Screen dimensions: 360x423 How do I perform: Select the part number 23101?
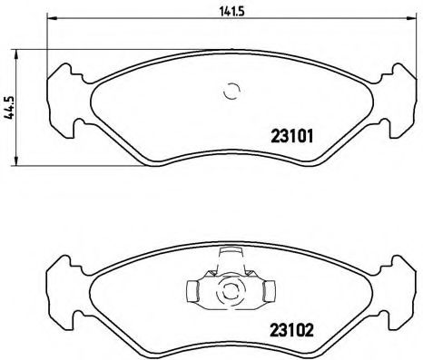tap(292, 138)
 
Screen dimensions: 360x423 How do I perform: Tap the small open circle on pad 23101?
tap(231, 91)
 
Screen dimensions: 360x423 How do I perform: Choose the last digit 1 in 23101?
tap(310, 138)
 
